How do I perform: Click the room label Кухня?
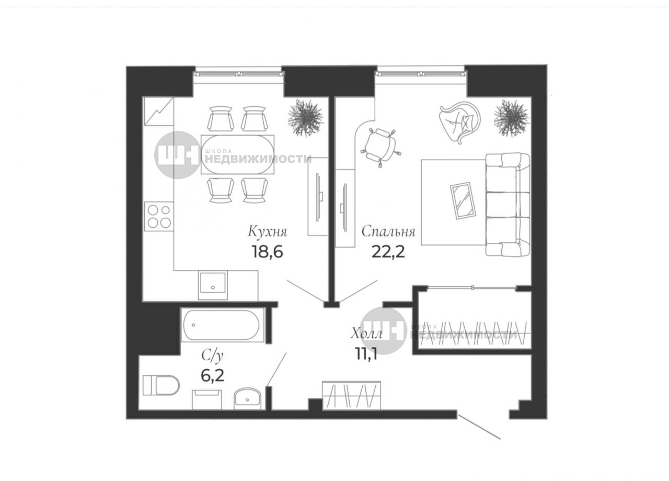click(267, 232)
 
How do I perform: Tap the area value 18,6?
click(267, 252)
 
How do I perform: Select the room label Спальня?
click(388, 232)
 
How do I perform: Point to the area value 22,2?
click(388, 252)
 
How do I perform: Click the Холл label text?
click(366, 333)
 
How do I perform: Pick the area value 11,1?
click(366, 354)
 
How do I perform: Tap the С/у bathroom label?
click(212, 356)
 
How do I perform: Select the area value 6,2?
click(212, 375)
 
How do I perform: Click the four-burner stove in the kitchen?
click(159, 216)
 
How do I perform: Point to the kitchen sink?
click(213, 285)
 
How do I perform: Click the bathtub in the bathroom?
click(221, 325)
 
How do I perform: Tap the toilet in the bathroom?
click(161, 385)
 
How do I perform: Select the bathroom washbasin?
click(247, 399)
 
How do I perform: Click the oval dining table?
click(238, 154)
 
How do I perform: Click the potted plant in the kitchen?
click(306, 117)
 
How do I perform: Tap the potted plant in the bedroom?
click(512, 118)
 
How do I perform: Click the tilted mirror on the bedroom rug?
click(463, 200)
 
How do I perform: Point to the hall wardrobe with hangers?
click(352, 396)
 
